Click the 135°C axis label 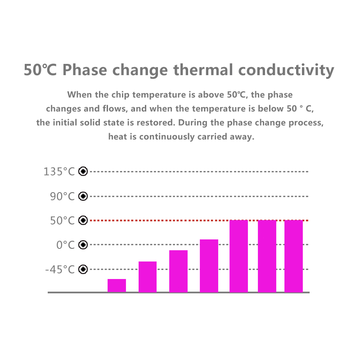click(x=59, y=171)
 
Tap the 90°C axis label click(x=62, y=196)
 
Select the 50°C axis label click(x=62, y=220)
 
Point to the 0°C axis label click(x=65, y=245)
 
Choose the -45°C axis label click(x=60, y=269)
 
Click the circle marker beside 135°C click(x=83, y=171)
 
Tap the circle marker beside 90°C click(x=83, y=196)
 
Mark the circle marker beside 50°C click(x=83, y=220)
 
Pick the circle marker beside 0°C click(x=83, y=245)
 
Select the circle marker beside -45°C click(x=83, y=269)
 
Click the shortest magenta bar click(x=117, y=285)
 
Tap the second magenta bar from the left click(x=148, y=276)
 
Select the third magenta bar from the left click(x=178, y=271)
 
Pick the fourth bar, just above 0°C click(x=209, y=265)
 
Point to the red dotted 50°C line click(x=157, y=220)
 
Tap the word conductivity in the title click(x=286, y=70)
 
